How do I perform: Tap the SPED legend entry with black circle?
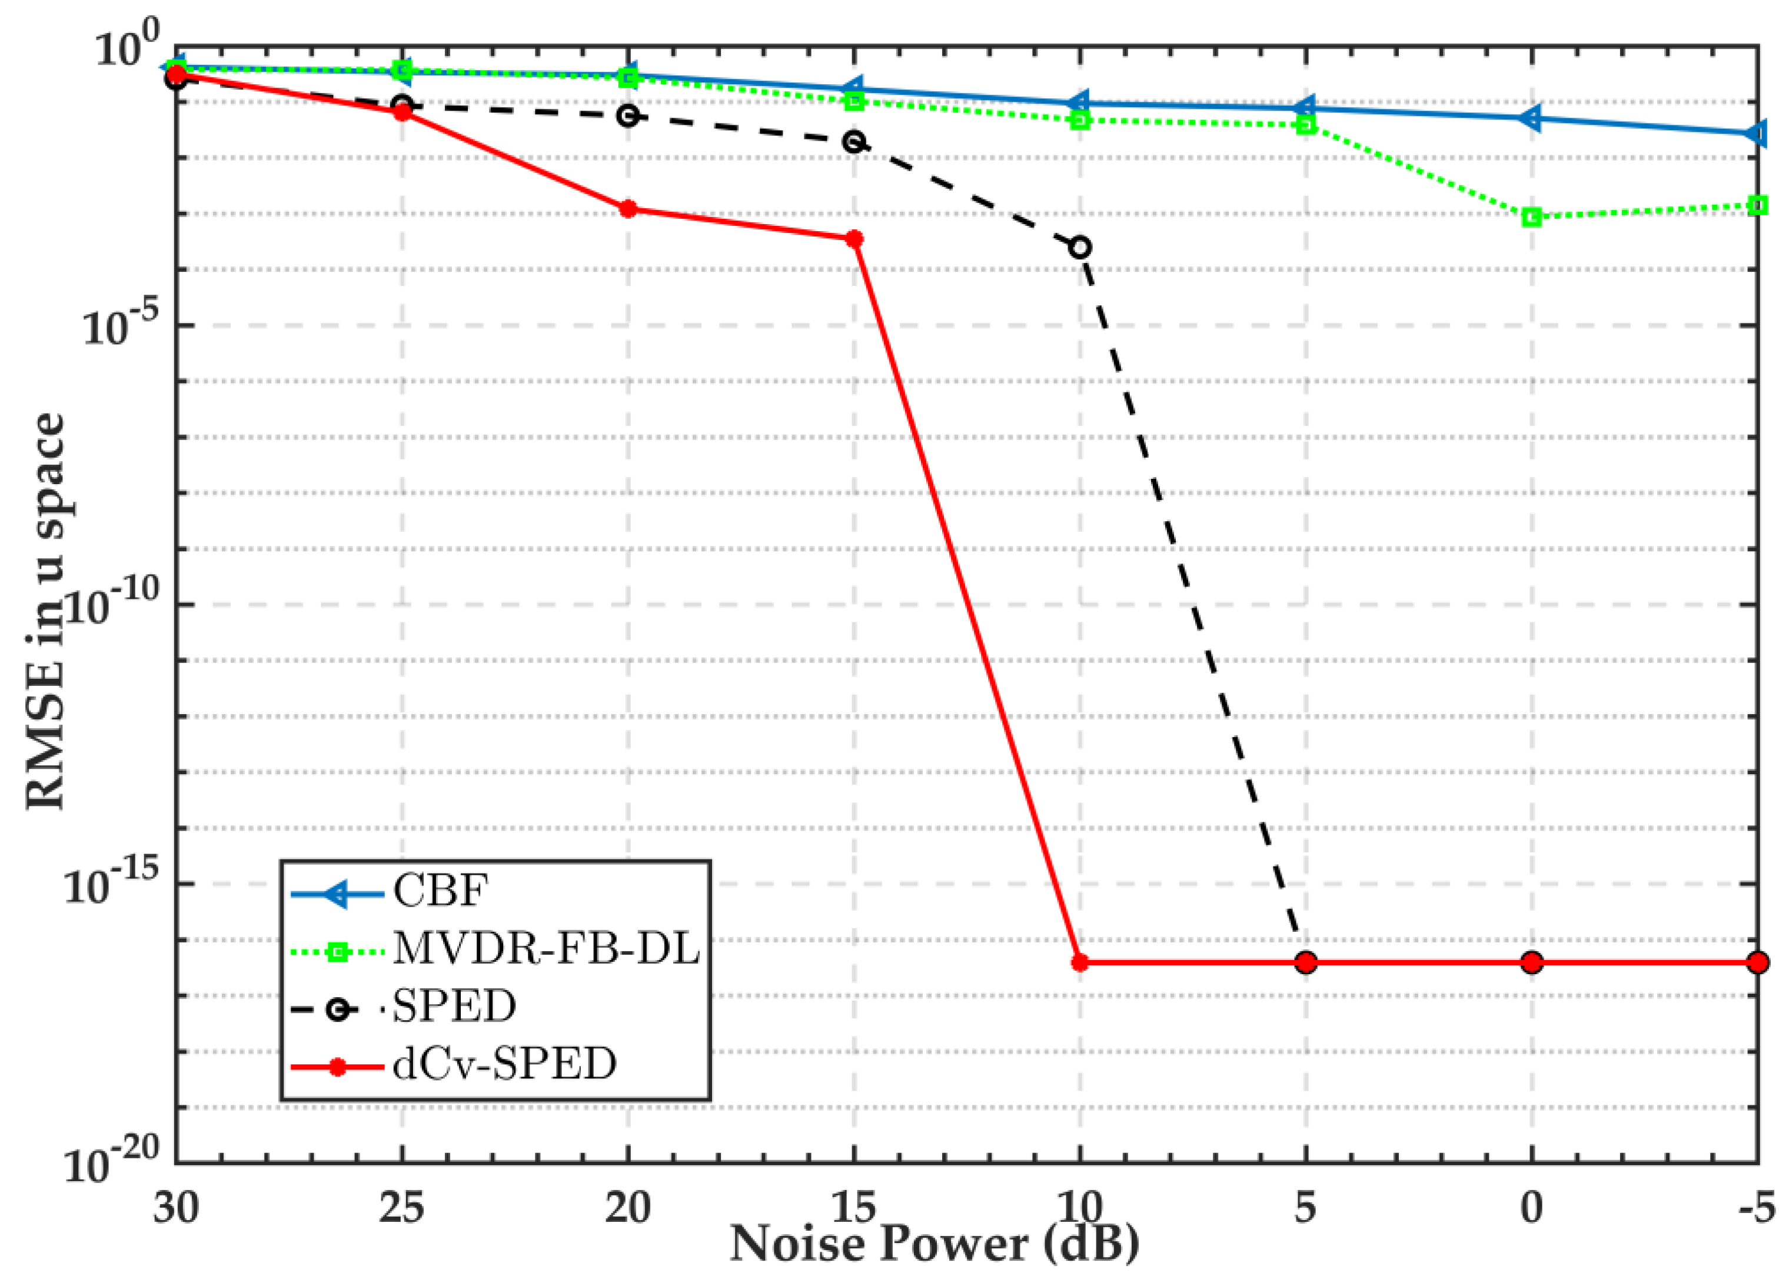coord(453,1007)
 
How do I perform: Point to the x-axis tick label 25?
coord(401,1207)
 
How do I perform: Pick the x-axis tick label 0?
coord(1531,1207)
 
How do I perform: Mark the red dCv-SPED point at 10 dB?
coord(1079,962)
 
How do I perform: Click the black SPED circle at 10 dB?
coord(1079,248)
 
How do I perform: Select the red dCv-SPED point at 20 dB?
coord(628,209)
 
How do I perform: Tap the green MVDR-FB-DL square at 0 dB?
coord(1531,217)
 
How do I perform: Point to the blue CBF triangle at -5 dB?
coord(1757,134)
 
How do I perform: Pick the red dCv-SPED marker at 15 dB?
coord(854,239)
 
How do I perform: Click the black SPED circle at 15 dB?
coord(854,142)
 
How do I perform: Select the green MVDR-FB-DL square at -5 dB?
coord(1757,205)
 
